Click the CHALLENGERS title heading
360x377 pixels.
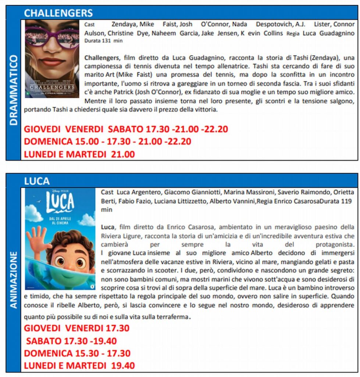tap(58, 13)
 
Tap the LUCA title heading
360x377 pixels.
tap(37, 181)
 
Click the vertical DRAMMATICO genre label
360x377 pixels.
tap(14, 90)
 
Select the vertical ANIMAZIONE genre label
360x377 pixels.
tap(14, 280)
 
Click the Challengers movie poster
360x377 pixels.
tap(52, 59)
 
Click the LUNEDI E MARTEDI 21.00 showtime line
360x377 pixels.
tap(79, 154)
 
